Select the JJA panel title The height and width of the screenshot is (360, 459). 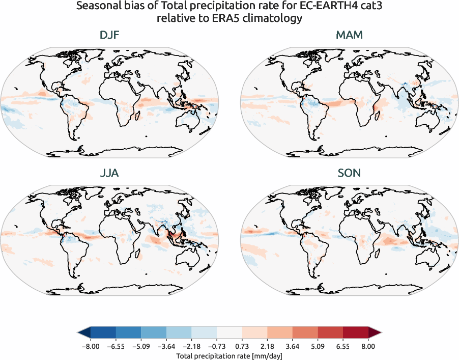click(110, 173)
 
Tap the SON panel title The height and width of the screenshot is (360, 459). click(349, 173)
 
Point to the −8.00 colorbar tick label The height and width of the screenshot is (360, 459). click(90, 346)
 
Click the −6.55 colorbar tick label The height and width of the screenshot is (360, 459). click(116, 346)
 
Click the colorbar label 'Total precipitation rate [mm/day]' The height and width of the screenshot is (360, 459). click(229, 356)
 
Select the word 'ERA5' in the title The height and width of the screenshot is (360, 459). click(230, 18)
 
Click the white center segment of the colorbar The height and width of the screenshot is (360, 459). click(230, 333)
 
